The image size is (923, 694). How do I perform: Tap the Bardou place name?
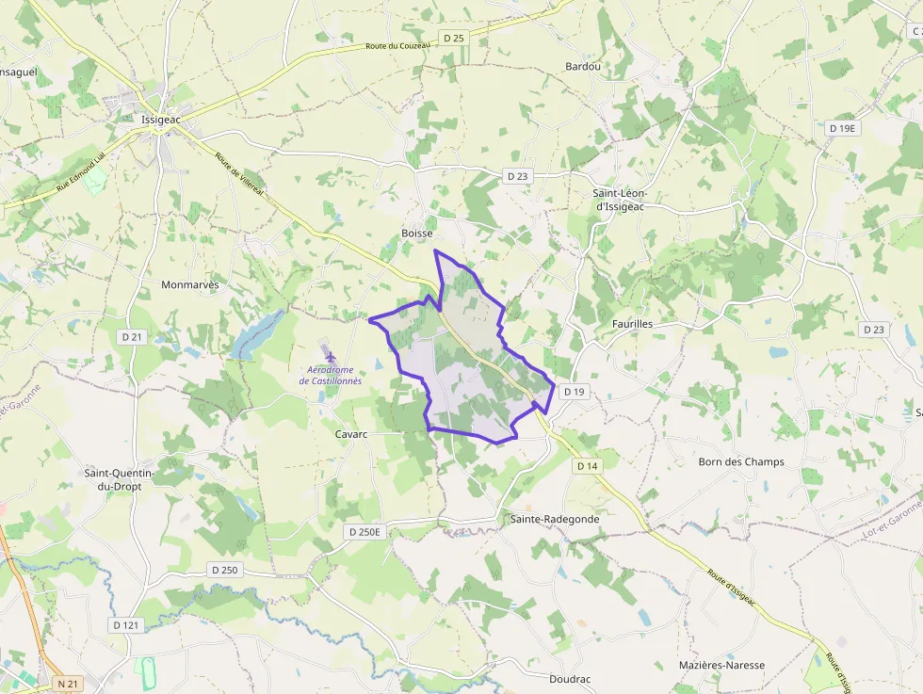click(583, 66)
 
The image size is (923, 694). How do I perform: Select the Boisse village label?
click(417, 234)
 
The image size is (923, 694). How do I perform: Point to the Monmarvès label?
click(190, 284)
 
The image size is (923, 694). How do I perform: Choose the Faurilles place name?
click(632, 323)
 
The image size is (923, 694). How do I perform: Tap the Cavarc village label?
click(351, 434)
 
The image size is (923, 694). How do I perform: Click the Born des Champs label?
click(741, 461)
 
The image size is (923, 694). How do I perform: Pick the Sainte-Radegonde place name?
click(554, 519)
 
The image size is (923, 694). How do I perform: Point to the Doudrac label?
click(569, 678)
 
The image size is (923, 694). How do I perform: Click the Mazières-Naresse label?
click(721, 665)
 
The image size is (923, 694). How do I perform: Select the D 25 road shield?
click(453, 38)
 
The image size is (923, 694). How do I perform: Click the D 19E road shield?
click(844, 127)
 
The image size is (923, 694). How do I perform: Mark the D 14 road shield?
click(587, 465)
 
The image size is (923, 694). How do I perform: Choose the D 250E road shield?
click(364, 532)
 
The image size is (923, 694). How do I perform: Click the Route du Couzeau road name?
click(397, 45)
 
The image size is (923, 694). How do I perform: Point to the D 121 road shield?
click(125, 625)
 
